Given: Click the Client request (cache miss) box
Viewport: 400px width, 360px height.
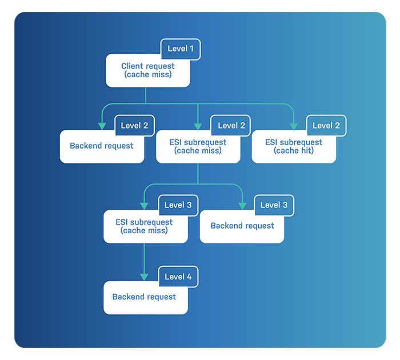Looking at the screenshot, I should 147,71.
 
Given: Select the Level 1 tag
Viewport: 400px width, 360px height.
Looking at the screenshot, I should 181,49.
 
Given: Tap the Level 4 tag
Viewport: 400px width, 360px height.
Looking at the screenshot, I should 178,277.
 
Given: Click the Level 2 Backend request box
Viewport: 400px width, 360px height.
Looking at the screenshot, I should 102,146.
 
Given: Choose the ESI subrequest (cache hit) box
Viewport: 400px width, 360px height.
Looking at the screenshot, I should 294,147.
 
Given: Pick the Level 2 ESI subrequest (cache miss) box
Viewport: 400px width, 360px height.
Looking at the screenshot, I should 198,147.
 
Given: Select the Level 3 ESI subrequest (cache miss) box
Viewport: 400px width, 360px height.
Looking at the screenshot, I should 145,227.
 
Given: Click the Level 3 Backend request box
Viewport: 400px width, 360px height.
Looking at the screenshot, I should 242,226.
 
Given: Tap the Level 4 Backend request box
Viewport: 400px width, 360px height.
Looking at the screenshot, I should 145,298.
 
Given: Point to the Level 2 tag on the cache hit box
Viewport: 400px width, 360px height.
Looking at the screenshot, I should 326,126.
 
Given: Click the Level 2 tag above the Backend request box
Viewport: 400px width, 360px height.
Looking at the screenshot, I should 135,126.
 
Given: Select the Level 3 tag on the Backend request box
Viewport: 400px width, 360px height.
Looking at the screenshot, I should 274,205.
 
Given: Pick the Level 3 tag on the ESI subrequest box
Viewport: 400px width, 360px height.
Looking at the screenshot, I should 178,205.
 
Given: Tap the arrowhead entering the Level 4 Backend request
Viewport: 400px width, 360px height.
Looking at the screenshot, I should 144,277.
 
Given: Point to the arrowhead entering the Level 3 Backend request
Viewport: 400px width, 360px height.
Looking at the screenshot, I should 242,206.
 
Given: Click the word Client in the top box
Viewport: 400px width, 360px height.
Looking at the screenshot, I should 132,66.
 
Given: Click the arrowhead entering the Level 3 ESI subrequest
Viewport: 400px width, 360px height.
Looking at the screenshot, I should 144,206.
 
